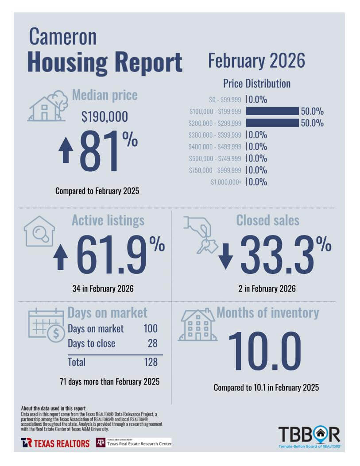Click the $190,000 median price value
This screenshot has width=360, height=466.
(105, 117)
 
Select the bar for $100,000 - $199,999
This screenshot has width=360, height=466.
(272, 111)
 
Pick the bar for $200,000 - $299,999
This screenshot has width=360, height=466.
(272, 123)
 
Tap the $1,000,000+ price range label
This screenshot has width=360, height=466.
(226, 182)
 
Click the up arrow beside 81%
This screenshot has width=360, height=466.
(66, 150)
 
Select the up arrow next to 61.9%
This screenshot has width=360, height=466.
(61, 257)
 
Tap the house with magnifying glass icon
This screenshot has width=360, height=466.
(39, 231)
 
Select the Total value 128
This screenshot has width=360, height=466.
(151, 362)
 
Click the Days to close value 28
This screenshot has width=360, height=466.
(152, 343)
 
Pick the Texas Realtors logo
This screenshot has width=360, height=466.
(55, 443)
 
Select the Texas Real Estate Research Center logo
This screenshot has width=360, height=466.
(134, 443)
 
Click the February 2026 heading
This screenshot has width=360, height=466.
(256, 61)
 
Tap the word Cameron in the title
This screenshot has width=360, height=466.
(62, 37)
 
